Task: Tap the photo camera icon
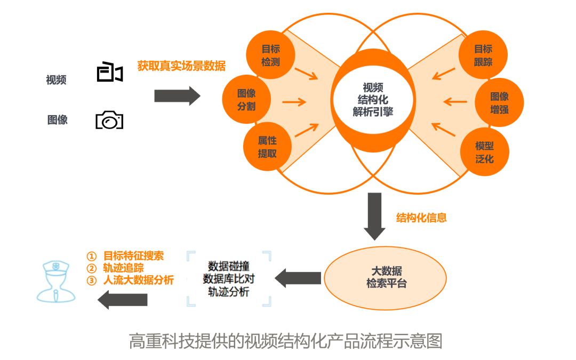coord(109,120)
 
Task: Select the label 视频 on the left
coord(56,81)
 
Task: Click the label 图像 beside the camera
coord(58,120)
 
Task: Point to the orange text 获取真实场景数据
coord(181,66)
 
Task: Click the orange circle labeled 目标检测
coord(270,56)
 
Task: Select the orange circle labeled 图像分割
coord(246,100)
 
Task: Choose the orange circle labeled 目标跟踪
coord(483,55)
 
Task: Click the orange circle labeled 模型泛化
coord(484,151)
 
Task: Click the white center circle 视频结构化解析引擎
coord(373,99)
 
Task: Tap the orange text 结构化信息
coord(421,218)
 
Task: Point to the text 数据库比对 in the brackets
coord(228,278)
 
